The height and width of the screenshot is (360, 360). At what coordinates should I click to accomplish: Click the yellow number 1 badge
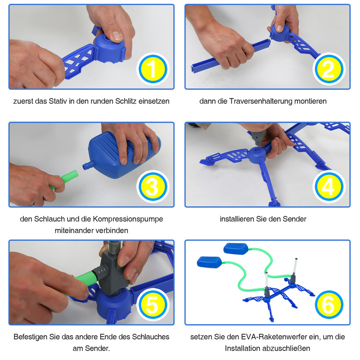point(153,69)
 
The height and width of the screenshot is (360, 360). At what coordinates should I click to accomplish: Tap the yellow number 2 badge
point(329,69)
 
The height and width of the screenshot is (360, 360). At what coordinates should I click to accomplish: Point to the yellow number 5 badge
point(153,305)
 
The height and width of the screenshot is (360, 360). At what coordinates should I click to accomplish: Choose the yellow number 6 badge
point(329,305)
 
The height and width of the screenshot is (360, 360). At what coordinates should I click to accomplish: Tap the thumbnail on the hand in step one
point(116,36)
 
